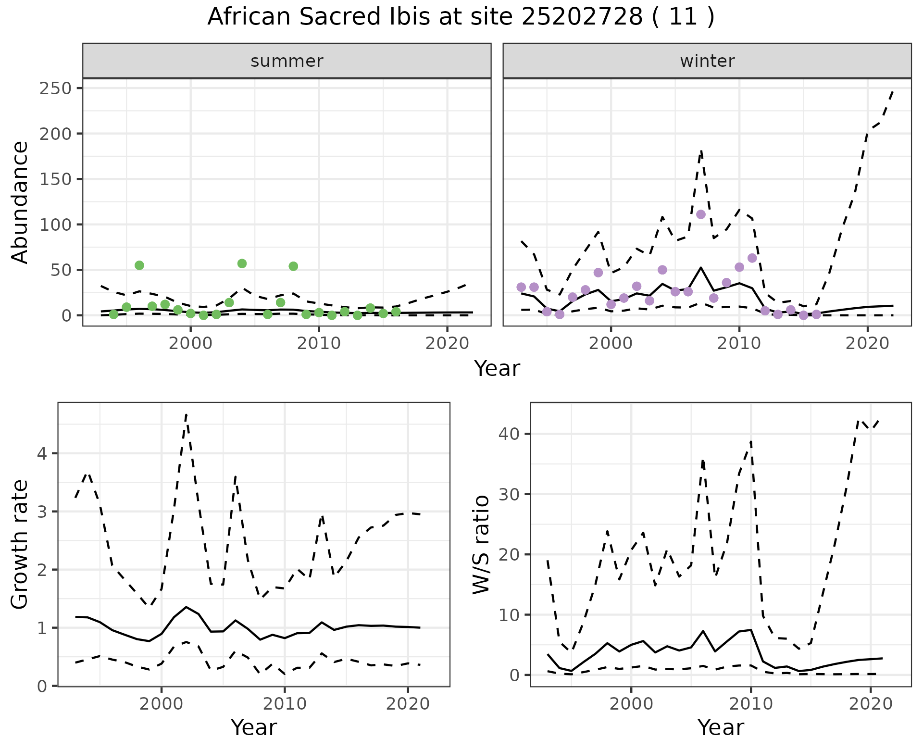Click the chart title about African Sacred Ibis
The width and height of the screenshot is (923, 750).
click(x=461, y=17)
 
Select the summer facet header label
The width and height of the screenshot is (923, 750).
click(x=287, y=61)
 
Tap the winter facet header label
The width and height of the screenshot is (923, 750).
click(x=707, y=61)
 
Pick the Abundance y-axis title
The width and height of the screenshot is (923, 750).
click(x=20, y=202)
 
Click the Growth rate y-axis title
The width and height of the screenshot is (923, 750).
click(x=20, y=544)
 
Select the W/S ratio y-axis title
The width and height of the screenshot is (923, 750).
click(x=481, y=544)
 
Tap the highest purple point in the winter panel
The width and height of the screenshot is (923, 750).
click(x=701, y=214)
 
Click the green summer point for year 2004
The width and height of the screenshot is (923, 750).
click(x=242, y=263)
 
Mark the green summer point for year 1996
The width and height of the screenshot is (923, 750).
click(x=139, y=265)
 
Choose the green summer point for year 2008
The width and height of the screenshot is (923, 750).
click(x=293, y=266)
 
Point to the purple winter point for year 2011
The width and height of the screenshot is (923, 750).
click(x=752, y=258)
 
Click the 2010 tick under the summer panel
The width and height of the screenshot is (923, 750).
click(x=319, y=344)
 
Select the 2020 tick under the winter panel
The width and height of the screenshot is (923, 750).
click(x=867, y=344)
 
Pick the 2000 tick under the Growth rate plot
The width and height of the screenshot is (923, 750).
click(x=161, y=704)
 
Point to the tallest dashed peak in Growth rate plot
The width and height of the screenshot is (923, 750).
click(x=186, y=414)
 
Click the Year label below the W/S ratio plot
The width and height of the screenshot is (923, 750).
click(x=720, y=727)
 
